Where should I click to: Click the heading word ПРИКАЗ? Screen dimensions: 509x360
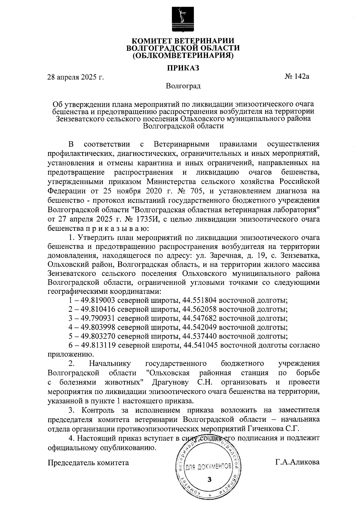tap(183, 68)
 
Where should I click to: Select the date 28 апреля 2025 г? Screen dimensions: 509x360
tap(76, 77)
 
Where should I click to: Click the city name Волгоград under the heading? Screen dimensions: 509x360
tap(183, 86)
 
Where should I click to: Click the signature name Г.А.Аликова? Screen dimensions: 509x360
tap(297, 462)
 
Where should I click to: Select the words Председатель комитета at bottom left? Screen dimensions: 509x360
tap(88, 462)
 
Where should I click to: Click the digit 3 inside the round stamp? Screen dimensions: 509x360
tap(209, 479)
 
